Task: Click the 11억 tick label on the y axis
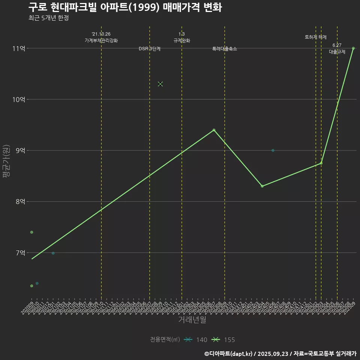[19, 48]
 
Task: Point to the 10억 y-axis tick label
[19, 99]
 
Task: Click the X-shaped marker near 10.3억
[160, 84]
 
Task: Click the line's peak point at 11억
[353, 48]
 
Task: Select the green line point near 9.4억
[214, 130]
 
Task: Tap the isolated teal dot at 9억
[273, 150]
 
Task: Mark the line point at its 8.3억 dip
[262, 186]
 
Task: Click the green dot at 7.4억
[32, 232]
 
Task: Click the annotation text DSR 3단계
[150, 49]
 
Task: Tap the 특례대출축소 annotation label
[225, 49]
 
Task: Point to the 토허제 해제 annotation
[316, 37]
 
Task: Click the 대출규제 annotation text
[337, 52]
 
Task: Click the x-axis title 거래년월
[192, 320]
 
